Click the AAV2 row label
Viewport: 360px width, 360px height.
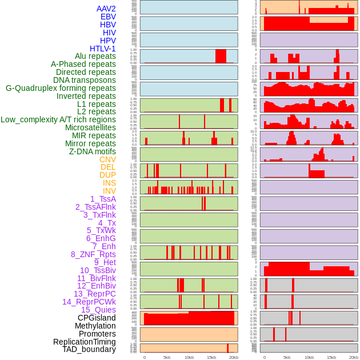106,9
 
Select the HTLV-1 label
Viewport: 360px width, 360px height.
102,49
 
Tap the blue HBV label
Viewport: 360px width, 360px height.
107,25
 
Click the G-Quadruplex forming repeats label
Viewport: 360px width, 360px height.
61,88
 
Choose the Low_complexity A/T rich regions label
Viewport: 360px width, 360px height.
58,119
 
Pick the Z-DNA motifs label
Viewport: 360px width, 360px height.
92,151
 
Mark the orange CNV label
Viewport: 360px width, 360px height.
107,159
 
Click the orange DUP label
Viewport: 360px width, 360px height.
107,175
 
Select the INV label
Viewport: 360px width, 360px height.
109,191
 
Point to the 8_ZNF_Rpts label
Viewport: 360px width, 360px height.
93,254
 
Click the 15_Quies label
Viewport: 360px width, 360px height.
98,310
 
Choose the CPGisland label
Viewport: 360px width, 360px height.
97,318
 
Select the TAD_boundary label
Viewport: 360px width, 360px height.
89,349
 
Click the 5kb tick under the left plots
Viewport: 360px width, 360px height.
167,357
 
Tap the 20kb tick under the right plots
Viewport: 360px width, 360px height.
354,357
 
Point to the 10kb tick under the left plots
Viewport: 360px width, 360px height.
189,357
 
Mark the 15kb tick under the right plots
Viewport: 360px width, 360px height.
331,357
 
